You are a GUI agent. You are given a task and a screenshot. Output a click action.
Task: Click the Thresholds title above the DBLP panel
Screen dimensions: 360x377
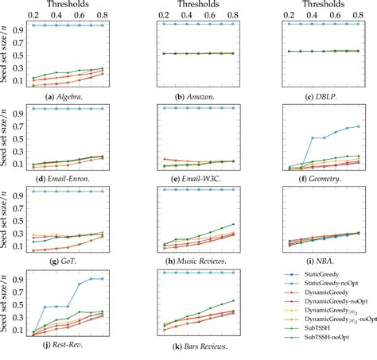[x=316, y=5]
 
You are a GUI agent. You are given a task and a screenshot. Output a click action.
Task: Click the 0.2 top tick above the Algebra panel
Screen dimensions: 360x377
[x=32, y=15]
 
